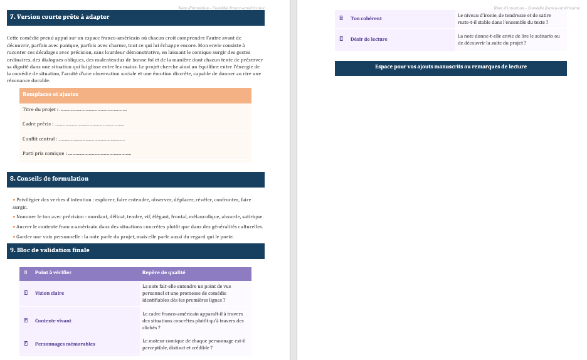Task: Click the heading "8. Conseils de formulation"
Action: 49,179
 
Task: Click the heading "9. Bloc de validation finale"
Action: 50,250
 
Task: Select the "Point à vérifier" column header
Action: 53,272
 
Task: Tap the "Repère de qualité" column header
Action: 164,272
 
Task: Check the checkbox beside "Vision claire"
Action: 26,293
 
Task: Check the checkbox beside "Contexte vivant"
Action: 26,320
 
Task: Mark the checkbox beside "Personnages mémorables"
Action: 26,344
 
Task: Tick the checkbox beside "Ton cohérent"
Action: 341,18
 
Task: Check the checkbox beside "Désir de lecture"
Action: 341,39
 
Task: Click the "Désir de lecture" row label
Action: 369,39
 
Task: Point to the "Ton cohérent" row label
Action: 366,18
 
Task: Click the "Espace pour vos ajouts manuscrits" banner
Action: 450,67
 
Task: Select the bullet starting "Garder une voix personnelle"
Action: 124,236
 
